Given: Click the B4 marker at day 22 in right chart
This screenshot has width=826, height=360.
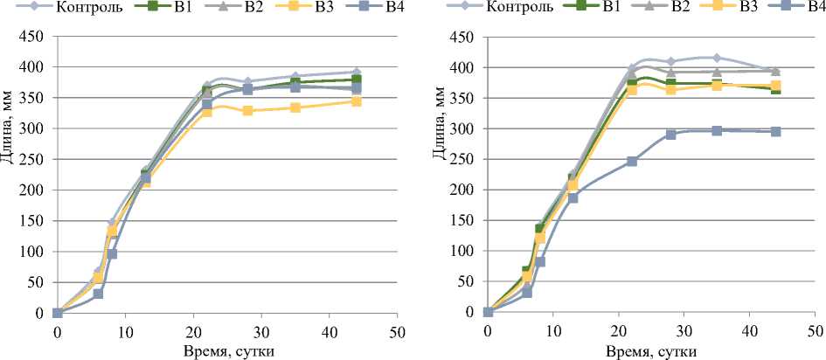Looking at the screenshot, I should [632, 162].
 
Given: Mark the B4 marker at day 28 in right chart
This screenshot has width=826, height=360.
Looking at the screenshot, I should [671, 135].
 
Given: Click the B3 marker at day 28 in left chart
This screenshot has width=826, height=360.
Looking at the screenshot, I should [247, 111].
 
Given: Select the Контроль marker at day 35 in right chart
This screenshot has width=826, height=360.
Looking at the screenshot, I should [717, 58].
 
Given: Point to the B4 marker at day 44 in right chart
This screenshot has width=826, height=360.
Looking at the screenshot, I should [775, 132].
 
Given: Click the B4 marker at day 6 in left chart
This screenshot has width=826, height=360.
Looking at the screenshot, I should [98, 294].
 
